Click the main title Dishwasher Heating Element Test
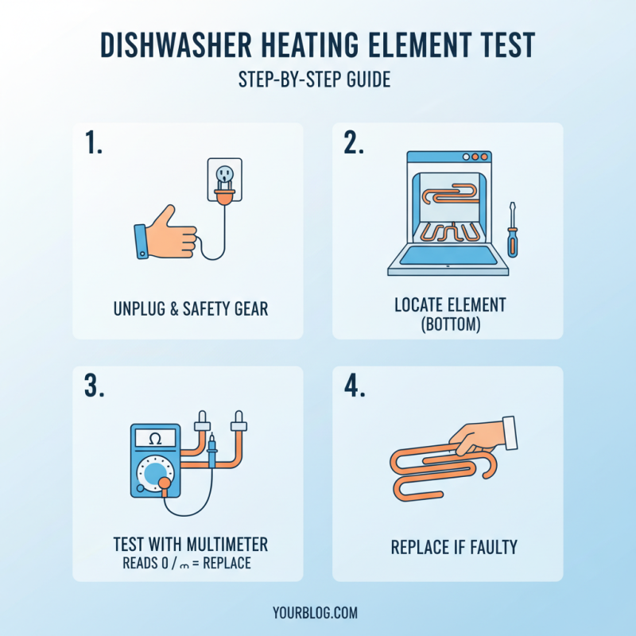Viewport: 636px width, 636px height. click(x=318, y=47)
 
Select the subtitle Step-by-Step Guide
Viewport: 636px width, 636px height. click(x=318, y=80)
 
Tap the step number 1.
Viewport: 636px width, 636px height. click(x=95, y=143)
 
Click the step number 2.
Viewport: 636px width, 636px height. click(x=355, y=143)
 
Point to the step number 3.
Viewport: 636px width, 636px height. click(x=95, y=386)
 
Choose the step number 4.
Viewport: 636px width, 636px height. click(x=355, y=386)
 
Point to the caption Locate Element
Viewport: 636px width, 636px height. click(x=450, y=305)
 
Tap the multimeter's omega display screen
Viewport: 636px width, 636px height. click(x=156, y=438)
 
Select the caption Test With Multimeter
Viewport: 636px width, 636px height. click(x=191, y=545)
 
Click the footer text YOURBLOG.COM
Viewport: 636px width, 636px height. click(x=318, y=613)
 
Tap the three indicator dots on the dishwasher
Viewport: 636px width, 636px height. click(x=476, y=157)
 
